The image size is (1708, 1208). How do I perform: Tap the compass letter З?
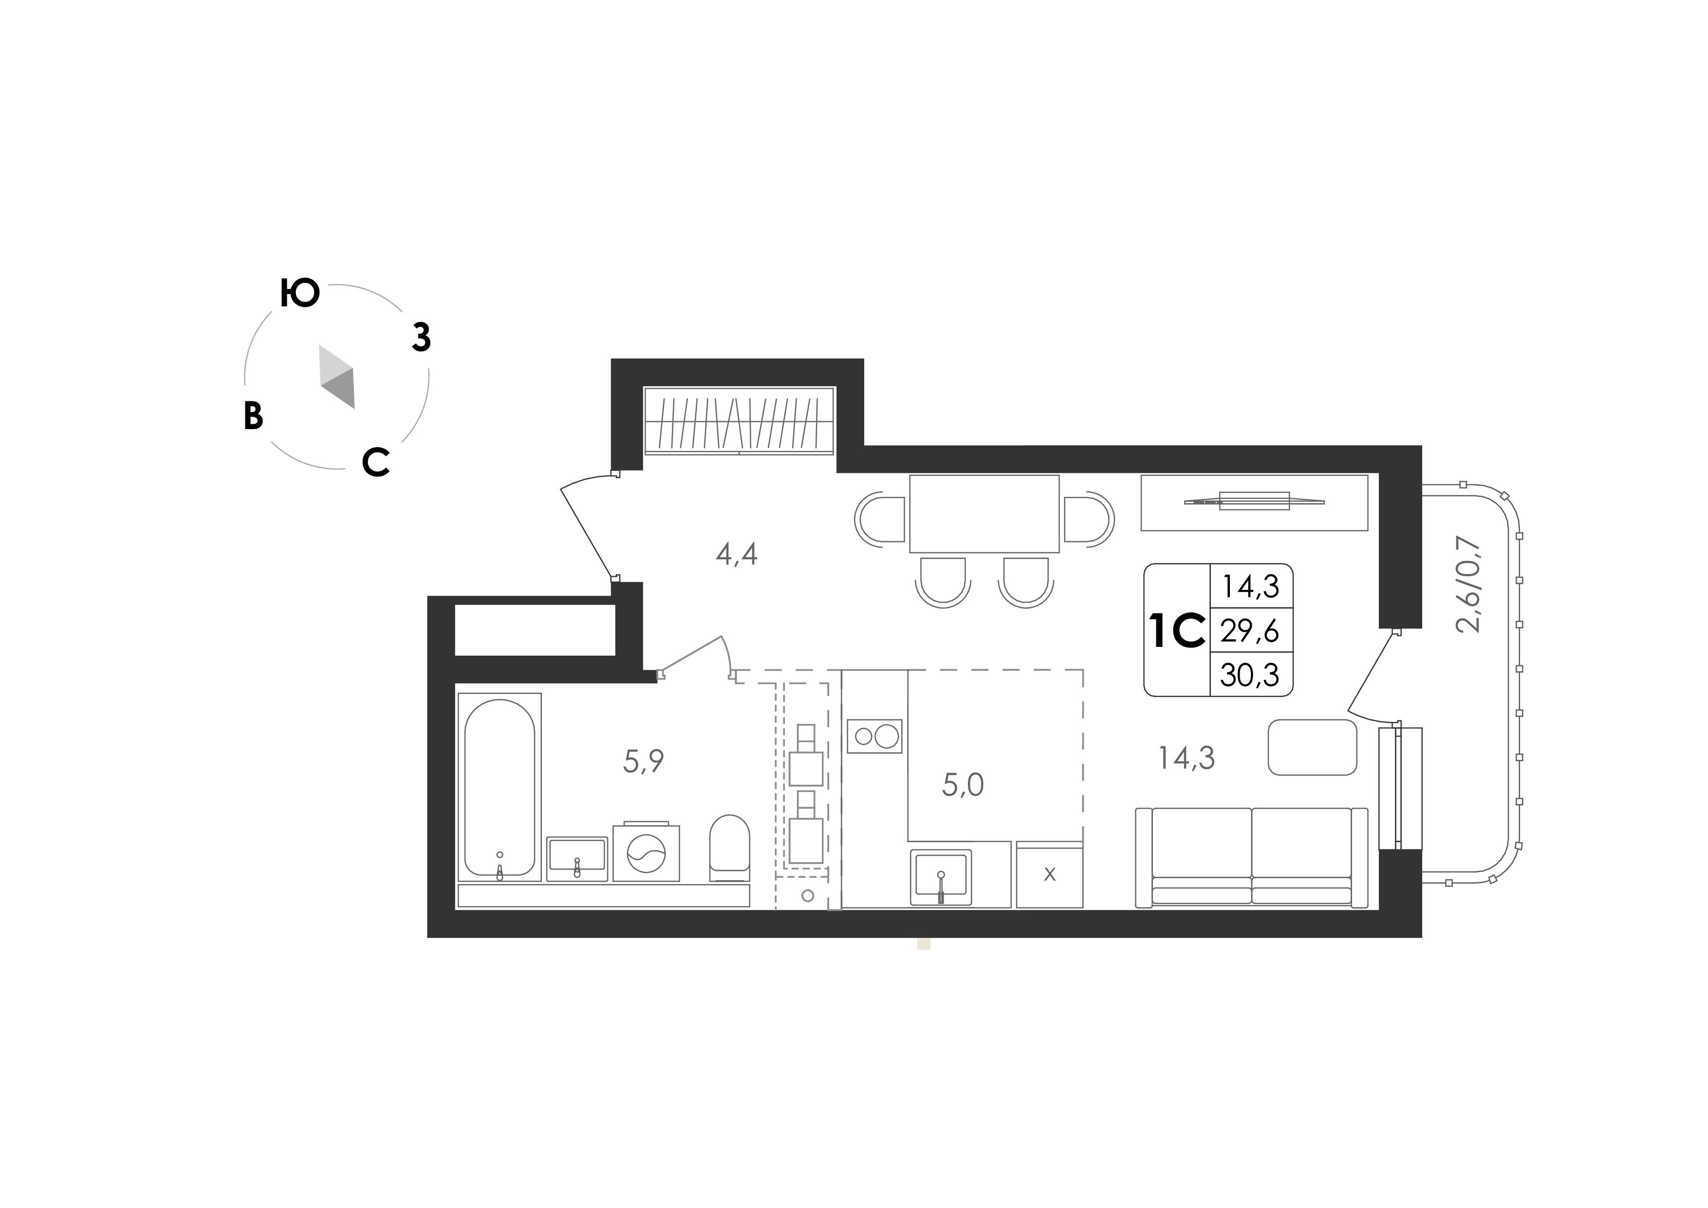click(x=422, y=338)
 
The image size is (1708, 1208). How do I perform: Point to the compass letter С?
click(x=376, y=462)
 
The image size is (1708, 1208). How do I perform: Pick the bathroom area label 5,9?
click(x=644, y=761)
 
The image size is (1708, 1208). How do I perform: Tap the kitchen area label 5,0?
click(x=963, y=785)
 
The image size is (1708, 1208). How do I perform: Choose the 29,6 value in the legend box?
click(x=1250, y=631)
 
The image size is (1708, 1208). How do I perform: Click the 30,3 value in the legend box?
click(x=1250, y=675)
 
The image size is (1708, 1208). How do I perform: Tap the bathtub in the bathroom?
click(x=499, y=788)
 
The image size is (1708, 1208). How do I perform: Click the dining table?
click(x=984, y=513)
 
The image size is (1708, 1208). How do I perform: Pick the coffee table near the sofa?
click(x=1312, y=747)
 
